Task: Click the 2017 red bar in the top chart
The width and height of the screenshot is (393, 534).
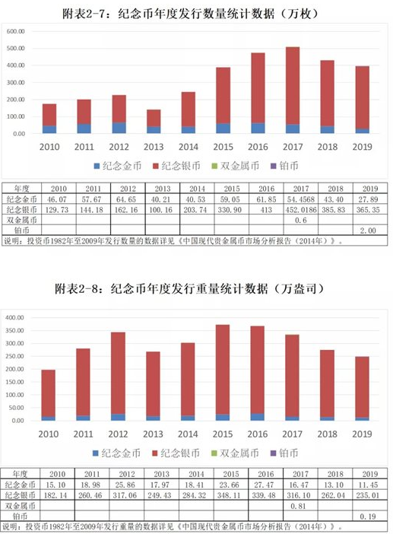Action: click(x=293, y=85)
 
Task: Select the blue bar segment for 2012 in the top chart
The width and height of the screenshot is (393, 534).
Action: click(x=119, y=128)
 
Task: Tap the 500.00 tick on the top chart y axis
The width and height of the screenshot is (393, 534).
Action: click(x=16, y=49)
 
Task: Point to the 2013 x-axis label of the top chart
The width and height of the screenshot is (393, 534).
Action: click(x=154, y=147)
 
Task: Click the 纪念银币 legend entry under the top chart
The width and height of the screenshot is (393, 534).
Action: click(x=176, y=166)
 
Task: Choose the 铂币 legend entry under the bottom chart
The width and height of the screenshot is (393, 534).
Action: click(x=284, y=453)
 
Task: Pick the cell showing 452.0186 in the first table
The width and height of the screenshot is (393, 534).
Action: click(x=301, y=210)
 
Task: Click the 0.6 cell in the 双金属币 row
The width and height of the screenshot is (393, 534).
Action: click(x=301, y=221)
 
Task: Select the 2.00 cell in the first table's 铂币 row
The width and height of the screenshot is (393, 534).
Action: click(x=369, y=230)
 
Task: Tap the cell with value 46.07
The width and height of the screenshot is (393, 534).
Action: click(x=59, y=199)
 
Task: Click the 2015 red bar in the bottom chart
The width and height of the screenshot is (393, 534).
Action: click(x=223, y=370)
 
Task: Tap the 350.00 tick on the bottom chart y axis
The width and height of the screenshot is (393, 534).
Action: click(x=14, y=330)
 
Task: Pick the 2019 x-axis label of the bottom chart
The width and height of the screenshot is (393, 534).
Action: click(x=362, y=434)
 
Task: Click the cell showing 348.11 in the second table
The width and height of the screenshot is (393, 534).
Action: click(x=230, y=495)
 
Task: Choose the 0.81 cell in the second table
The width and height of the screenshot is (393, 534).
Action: click(x=300, y=506)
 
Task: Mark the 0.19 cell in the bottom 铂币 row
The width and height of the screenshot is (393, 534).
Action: click(x=369, y=517)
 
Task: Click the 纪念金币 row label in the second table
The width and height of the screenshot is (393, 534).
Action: click(x=21, y=485)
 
